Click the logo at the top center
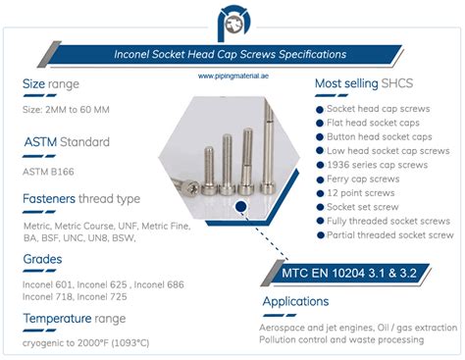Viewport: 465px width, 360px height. coord(232,22)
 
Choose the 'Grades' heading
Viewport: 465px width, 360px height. coord(43,259)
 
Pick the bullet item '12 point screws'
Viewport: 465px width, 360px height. coord(365,193)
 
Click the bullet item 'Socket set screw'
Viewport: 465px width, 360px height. coord(368,207)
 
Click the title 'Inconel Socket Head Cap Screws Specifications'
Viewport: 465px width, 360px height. coord(232,53)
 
